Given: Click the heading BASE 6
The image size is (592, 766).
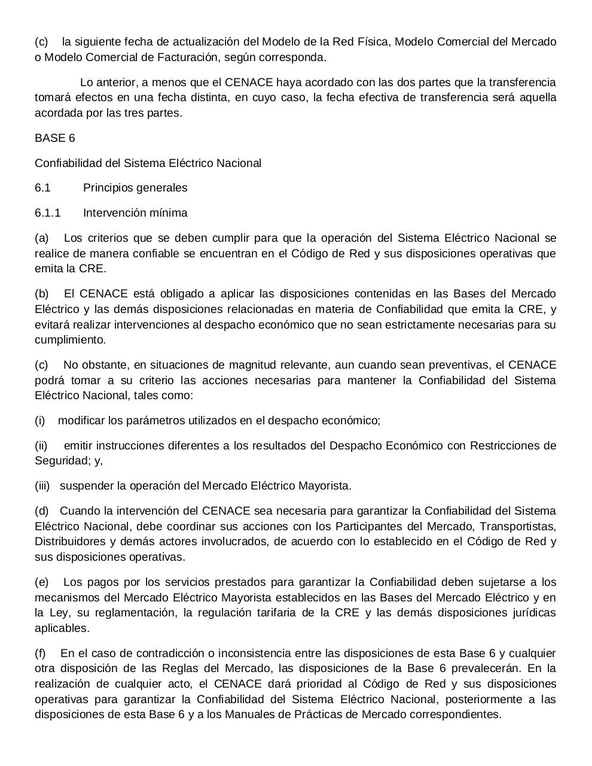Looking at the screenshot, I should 55,138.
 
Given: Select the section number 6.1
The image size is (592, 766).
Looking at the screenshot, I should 42,188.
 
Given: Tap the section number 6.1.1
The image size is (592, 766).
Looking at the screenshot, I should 48,213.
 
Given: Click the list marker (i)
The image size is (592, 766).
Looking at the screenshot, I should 40,421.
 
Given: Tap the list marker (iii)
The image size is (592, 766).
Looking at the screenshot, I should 42,486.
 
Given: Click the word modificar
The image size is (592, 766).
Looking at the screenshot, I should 81,421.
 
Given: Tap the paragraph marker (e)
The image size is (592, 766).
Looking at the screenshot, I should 42,582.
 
